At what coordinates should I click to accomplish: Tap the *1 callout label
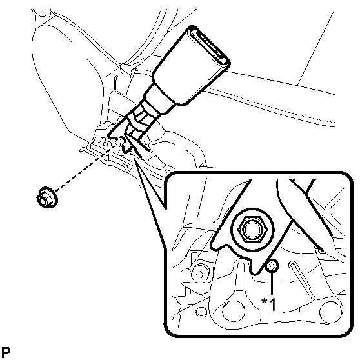(x=268, y=304)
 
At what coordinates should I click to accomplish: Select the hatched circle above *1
(x=272, y=266)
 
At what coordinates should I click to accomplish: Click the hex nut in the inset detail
(x=252, y=230)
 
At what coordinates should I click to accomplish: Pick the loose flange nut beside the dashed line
(x=47, y=197)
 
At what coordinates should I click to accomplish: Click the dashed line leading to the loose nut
(x=86, y=167)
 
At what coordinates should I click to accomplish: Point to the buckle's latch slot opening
(x=210, y=46)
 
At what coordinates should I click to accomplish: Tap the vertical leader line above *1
(x=272, y=283)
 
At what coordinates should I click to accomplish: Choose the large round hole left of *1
(x=234, y=311)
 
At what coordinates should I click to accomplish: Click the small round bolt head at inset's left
(x=199, y=274)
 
